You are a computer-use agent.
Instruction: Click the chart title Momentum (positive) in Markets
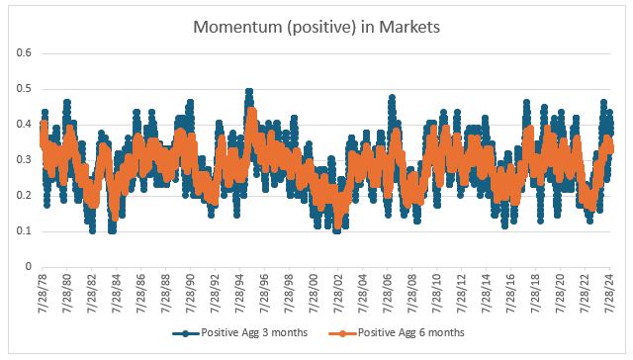tap(316, 23)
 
